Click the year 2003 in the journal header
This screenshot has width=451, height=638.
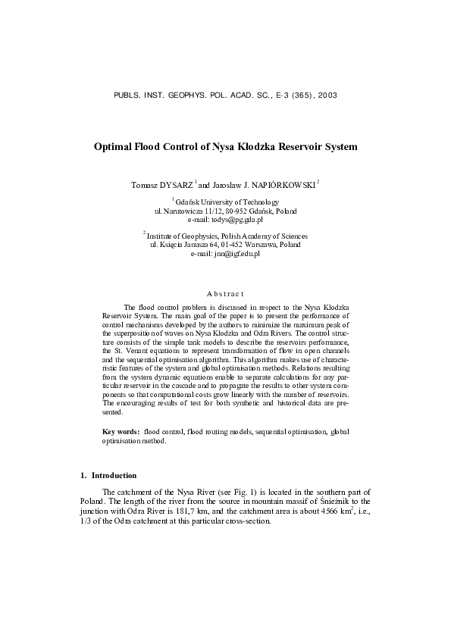[327, 96]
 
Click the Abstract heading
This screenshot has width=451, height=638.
[225, 293]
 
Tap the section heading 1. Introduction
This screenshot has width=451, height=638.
[108, 476]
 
